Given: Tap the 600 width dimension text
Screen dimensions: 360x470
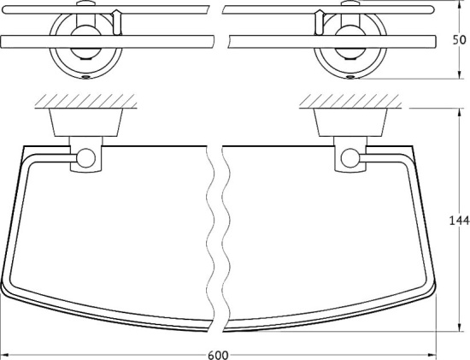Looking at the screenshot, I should point(219,352).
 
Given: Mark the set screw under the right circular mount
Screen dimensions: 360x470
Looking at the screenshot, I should point(350,75).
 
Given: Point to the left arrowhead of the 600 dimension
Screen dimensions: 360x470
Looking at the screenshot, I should point(6,352).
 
